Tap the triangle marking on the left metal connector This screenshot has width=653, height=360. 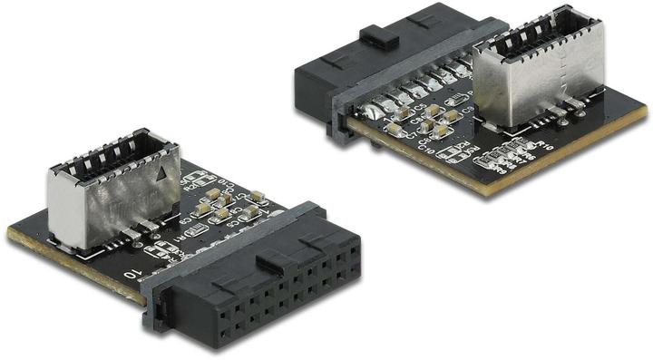(161, 177)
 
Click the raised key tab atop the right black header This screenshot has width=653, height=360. (380, 36)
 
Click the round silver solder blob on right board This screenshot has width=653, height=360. (372, 113)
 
